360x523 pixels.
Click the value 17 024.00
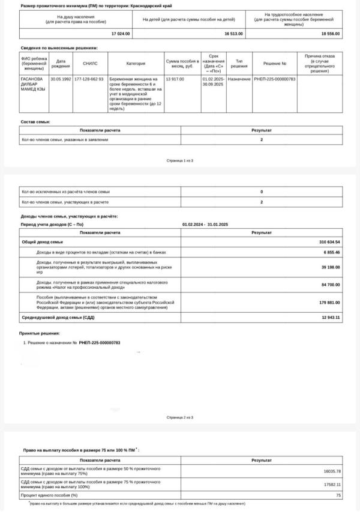[x=122, y=34]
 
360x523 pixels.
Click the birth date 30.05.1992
[x=61, y=79]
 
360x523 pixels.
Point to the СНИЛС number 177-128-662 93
[x=89, y=79]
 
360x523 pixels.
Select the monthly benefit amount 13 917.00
[x=175, y=79]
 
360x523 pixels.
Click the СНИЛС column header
[x=90, y=63]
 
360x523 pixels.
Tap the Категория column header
[x=136, y=63]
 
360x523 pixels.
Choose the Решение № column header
[x=275, y=63]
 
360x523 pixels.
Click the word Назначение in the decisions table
[x=239, y=79]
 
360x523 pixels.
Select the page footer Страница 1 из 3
[x=180, y=161]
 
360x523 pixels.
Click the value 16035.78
[x=331, y=471]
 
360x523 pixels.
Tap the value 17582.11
[x=331, y=484]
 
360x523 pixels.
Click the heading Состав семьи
[x=35, y=122]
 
